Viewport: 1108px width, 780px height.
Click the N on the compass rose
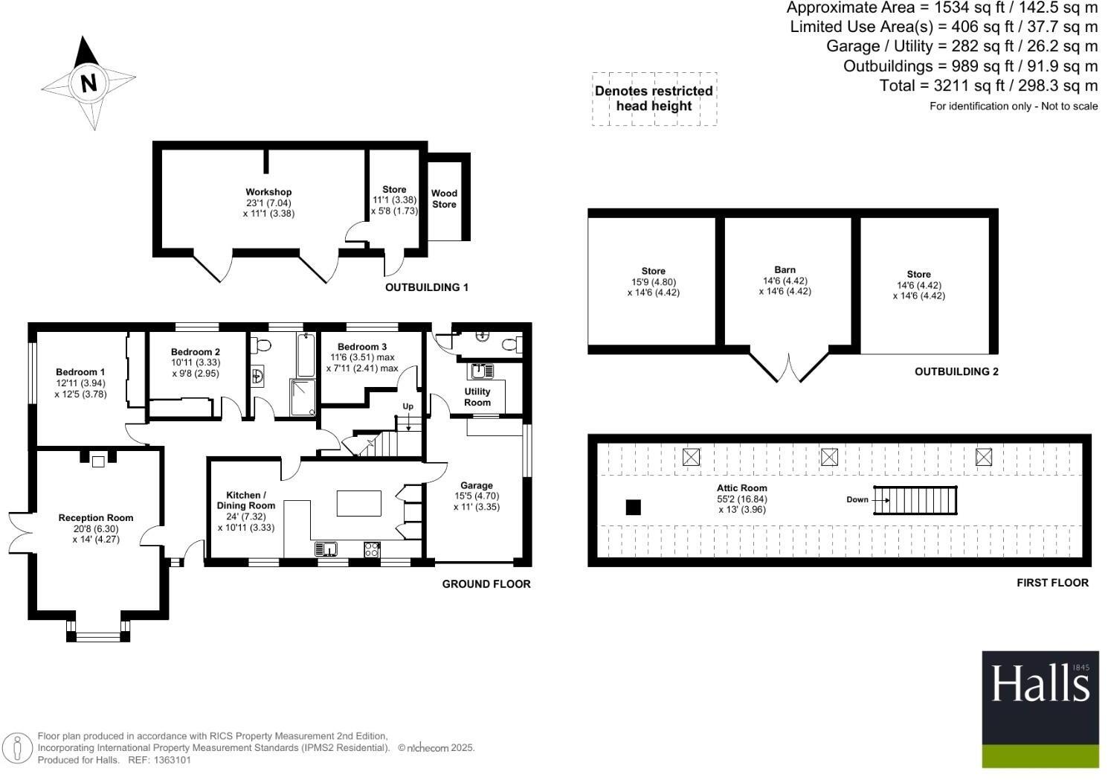tap(88, 83)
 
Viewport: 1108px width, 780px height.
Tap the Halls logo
tap(1040, 709)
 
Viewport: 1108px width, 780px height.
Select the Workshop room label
tap(268, 192)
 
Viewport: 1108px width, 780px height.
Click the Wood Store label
tap(444, 199)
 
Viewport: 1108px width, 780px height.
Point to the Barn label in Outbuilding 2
tap(785, 270)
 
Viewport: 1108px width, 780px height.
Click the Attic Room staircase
tap(915, 500)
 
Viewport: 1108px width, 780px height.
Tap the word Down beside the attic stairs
tap(857, 499)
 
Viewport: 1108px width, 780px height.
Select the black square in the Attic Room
tap(633, 508)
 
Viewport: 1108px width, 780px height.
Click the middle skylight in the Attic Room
tap(829, 457)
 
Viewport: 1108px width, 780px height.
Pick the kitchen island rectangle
tap(359, 503)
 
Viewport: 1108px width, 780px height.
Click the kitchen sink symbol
tap(326, 549)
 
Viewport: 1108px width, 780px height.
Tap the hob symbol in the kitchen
tap(372, 549)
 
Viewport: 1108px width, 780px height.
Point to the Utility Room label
tap(477, 397)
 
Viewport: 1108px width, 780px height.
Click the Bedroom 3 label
tap(362, 347)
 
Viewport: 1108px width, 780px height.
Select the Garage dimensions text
tap(476, 502)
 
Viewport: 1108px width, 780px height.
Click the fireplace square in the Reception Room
tap(97, 461)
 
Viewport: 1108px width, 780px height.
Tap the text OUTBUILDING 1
tap(426, 287)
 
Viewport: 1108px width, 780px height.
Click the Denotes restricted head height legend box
tap(654, 99)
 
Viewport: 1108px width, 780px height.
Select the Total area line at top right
tap(988, 86)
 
